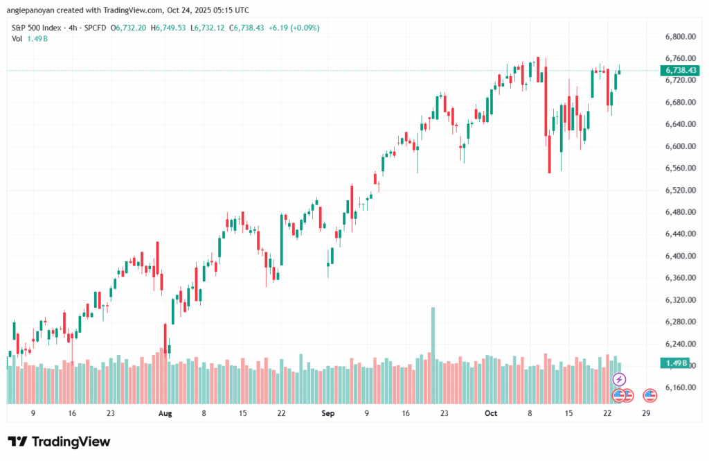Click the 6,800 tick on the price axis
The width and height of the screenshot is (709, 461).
pyautogui.click(x=679, y=36)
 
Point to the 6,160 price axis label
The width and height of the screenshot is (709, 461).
pyautogui.click(x=679, y=388)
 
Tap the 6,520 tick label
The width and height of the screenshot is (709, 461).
pyautogui.click(x=679, y=190)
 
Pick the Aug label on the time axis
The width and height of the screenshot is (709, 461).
pyautogui.click(x=165, y=413)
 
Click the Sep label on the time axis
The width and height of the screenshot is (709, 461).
pyautogui.click(x=328, y=413)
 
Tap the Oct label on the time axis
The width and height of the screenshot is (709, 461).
pyautogui.click(x=491, y=413)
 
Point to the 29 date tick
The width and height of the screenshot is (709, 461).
pyautogui.click(x=646, y=413)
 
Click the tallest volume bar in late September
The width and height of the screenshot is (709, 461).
pyautogui.click(x=433, y=333)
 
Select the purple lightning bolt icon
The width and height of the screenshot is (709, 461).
pyautogui.click(x=620, y=379)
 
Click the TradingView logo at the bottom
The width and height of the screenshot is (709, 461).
pyautogui.click(x=59, y=442)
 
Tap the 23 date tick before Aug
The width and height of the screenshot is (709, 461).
pyautogui.click(x=111, y=413)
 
